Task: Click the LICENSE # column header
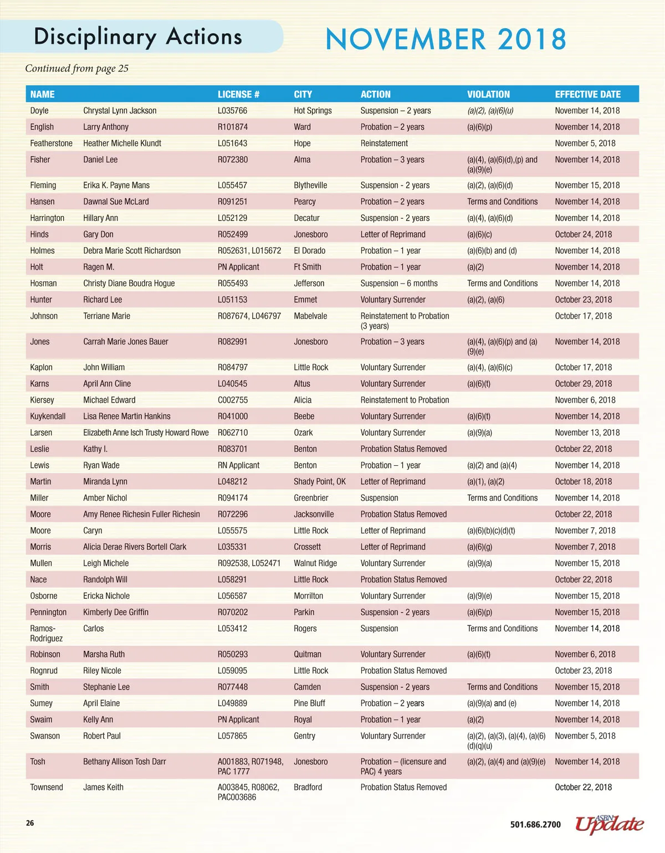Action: pyautogui.click(x=238, y=94)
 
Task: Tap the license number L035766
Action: pyautogui.click(x=232, y=111)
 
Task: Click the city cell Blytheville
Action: pyautogui.click(x=310, y=186)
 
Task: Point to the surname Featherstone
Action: pyautogui.click(x=51, y=143)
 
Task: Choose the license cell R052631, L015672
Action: pyautogui.click(x=249, y=251)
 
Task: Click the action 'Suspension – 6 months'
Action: pyautogui.click(x=398, y=284)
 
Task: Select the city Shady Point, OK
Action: pyautogui.click(x=319, y=482)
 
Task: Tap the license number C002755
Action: pyautogui.click(x=232, y=400)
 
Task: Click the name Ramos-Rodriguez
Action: pyautogui.click(x=46, y=634)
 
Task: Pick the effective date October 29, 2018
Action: pyautogui.click(x=583, y=384)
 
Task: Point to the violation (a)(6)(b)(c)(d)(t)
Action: pyautogui.click(x=491, y=531)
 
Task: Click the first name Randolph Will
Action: pyautogui.click(x=105, y=580)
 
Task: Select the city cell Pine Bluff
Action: pyautogui.click(x=309, y=703)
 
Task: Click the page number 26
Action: pyautogui.click(x=30, y=823)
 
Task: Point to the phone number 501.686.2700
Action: pyautogui.click(x=535, y=825)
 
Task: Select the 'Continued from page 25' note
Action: pyautogui.click(x=76, y=69)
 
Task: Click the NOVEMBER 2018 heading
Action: pyautogui.click(x=446, y=39)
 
